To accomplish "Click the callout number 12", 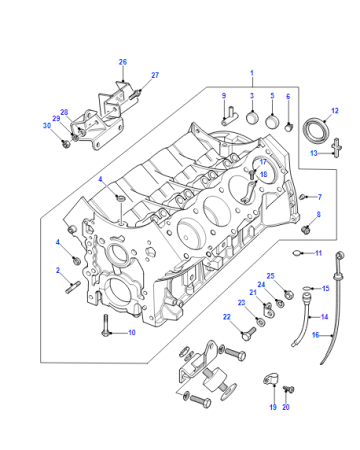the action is click(335, 111).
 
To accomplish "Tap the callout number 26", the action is click(123, 62).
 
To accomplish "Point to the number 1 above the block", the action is click(252, 73).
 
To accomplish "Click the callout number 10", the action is click(132, 332).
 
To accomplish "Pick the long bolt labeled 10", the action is click(106, 325).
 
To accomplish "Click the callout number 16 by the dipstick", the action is click(315, 335).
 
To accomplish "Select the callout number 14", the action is click(324, 317).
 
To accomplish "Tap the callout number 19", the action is click(273, 407).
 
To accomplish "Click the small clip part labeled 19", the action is click(271, 379).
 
